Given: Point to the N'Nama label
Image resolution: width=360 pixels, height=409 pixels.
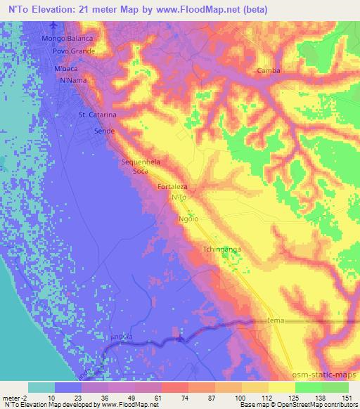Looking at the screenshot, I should point(73,82).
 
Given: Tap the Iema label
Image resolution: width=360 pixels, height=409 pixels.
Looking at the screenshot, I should point(276,320).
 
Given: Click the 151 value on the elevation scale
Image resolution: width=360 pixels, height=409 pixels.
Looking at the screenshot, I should point(347,397).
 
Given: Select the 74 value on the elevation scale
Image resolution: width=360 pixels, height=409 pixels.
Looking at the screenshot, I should point(165,397).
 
